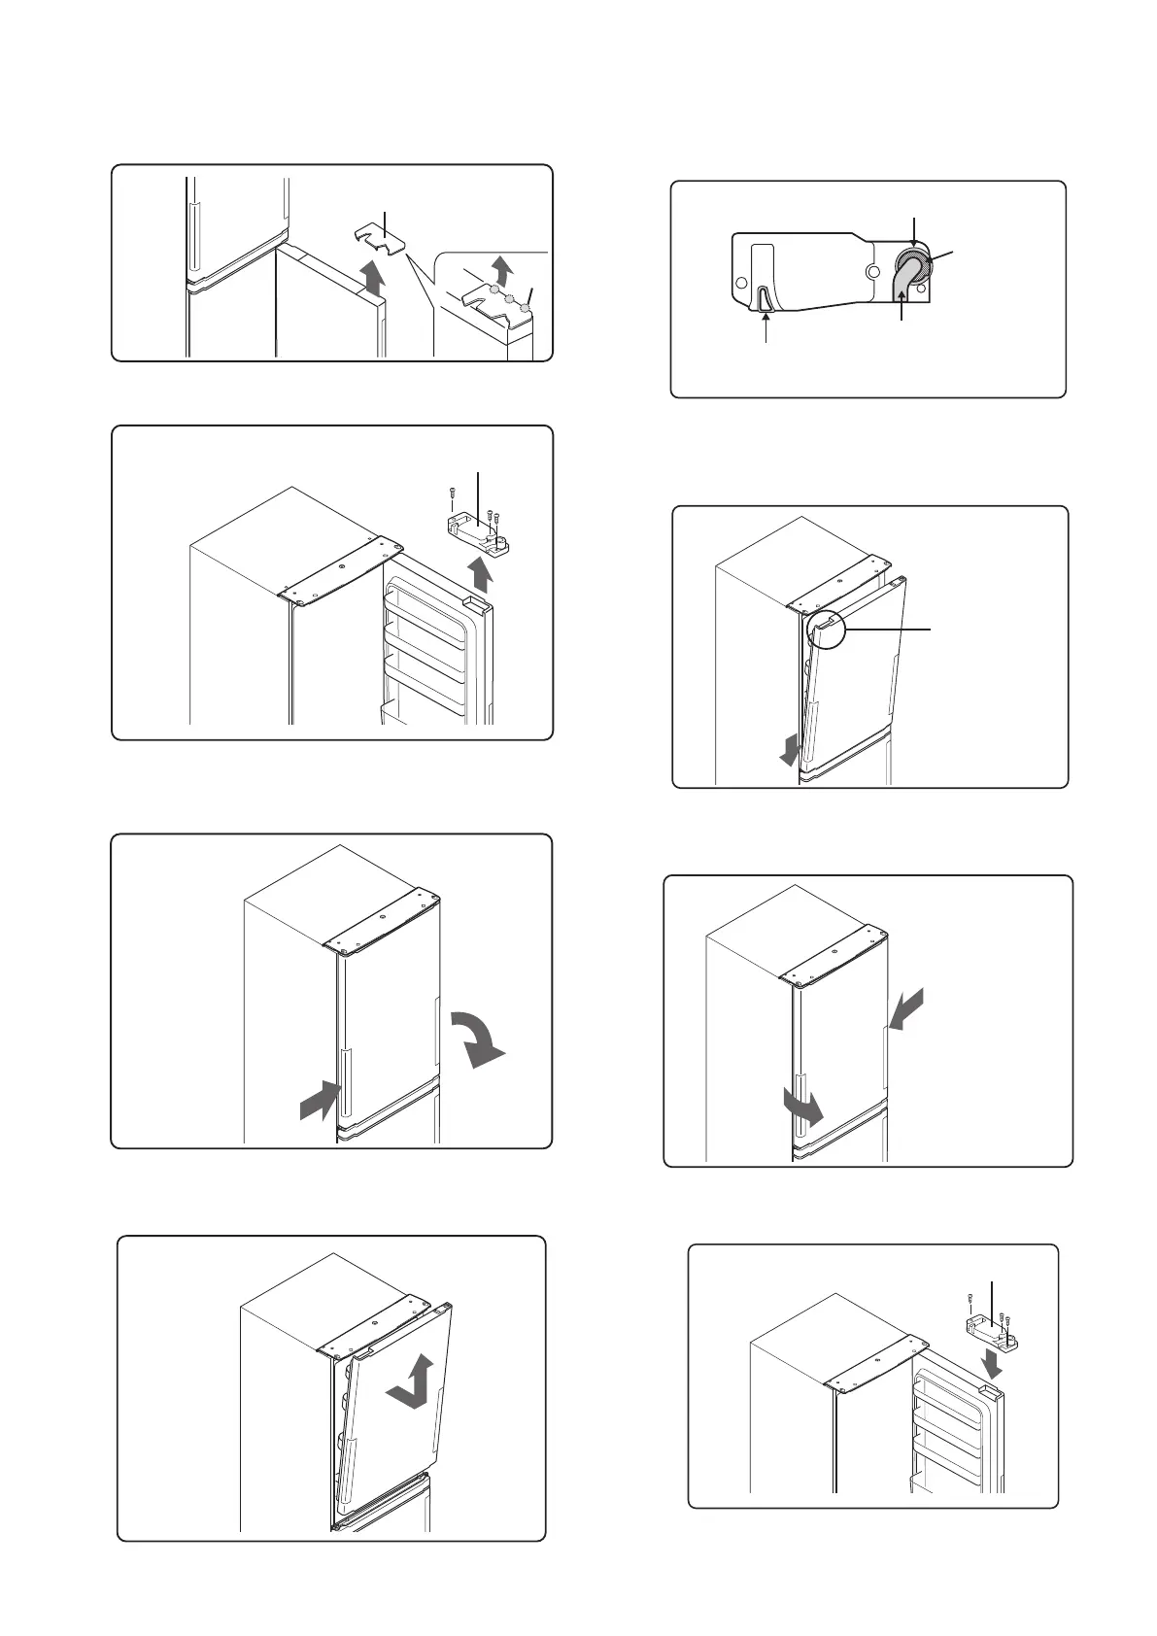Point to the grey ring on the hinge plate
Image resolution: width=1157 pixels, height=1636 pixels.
tap(911, 260)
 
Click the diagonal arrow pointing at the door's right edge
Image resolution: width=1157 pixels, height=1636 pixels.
tap(905, 1010)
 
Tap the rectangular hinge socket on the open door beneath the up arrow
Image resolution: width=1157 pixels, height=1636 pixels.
tap(475, 603)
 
